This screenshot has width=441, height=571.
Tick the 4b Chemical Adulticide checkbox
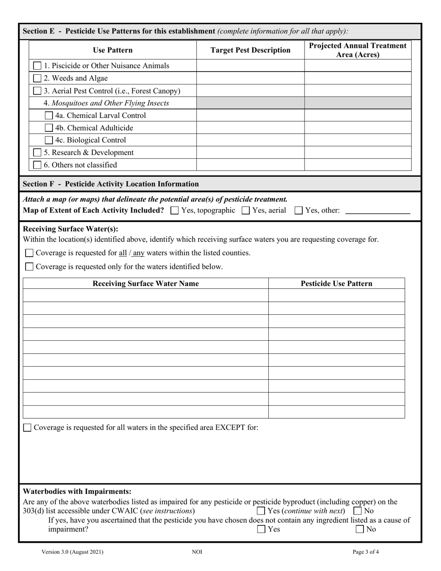[x=49, y=128]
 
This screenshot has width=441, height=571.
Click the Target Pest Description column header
[x=251, y=50]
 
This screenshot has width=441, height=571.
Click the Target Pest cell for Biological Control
[x=251, y=140]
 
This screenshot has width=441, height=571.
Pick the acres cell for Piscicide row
[x=357, y=66]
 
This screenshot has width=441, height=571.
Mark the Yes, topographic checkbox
[x=175, y=210]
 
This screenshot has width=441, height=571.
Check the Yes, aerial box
[x=246, y=210]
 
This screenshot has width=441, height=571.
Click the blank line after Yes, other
[x=378, y=210]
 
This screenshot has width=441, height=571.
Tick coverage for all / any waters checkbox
[x=29, y=253]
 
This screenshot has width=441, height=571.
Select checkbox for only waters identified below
[x=29, y=266]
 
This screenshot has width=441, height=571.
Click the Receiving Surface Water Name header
[x=146, y=284]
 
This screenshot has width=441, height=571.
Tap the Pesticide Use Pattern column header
[x=337, y=284]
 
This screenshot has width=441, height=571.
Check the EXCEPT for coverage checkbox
[x=28, y=428]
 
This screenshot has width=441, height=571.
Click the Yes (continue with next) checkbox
[x=261, y=511]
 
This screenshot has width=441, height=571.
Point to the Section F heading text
[x=111, y=184]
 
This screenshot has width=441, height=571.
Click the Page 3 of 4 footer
[x=366, y=552]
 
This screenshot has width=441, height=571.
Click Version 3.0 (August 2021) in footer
[x=72, y=552]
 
